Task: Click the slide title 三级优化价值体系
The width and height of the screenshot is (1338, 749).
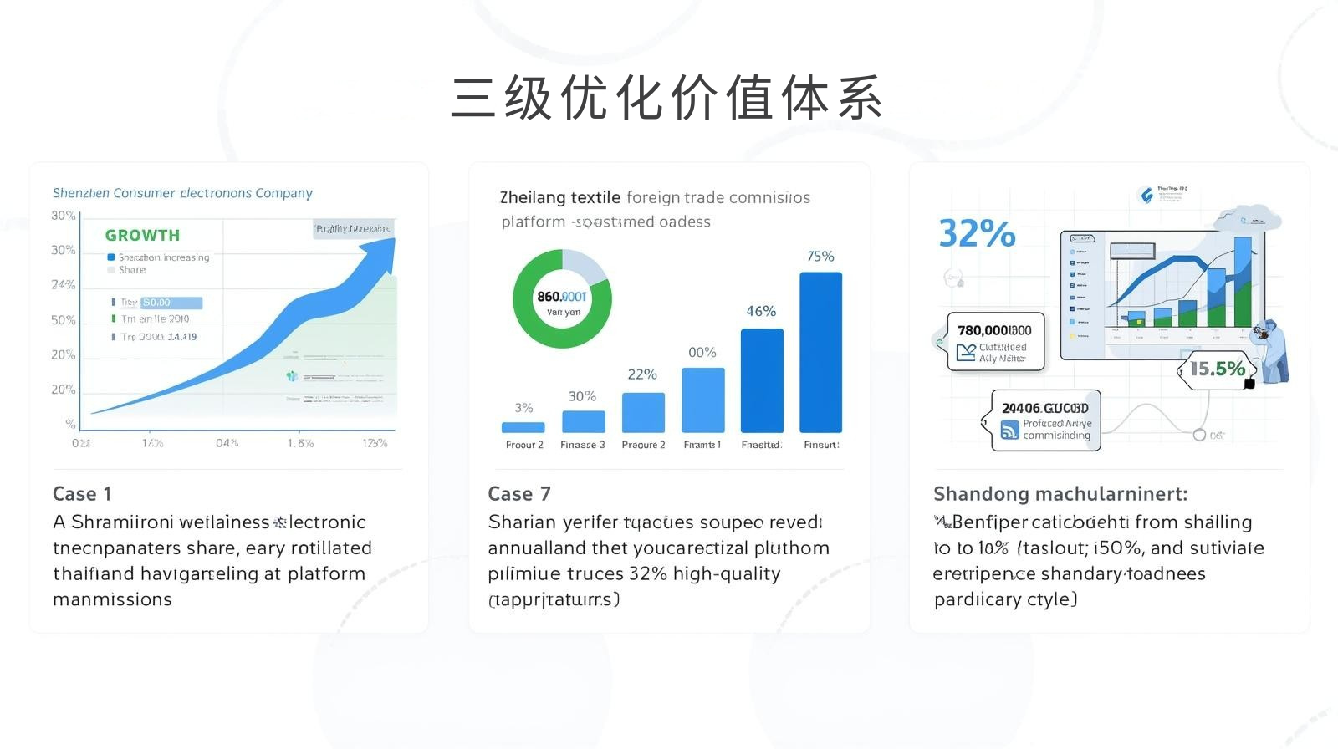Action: tap(666, 99)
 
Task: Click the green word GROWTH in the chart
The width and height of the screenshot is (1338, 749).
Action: tap(142, 235)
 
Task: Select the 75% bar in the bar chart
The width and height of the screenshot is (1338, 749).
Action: tap(820, 351)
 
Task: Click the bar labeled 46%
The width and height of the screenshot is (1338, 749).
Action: tap(762, 380)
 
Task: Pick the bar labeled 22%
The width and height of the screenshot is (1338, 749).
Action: tap(643, 412)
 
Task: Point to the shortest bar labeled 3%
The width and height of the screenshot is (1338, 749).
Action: tap(523, 427)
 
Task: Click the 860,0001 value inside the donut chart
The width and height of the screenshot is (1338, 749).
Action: tap(562, 297)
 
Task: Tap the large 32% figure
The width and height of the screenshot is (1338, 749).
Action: tap(977, 233)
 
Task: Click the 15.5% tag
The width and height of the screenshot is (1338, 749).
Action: tap(1218, 369)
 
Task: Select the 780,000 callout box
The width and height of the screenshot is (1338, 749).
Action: tap(995, 341)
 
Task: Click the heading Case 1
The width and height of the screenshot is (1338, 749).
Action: tap(82, 494)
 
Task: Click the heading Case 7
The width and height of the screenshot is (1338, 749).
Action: tap(519, 494)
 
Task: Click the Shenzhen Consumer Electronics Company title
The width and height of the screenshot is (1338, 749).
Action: tap(182, 193)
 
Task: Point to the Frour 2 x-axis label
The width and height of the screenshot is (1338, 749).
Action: tap(524, 445)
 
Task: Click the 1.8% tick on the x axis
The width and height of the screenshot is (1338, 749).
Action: tap(300, 443)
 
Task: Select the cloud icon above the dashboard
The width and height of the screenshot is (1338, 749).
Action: tap(1251, 219)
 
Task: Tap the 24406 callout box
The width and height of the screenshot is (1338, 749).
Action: tap(1045, 420)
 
